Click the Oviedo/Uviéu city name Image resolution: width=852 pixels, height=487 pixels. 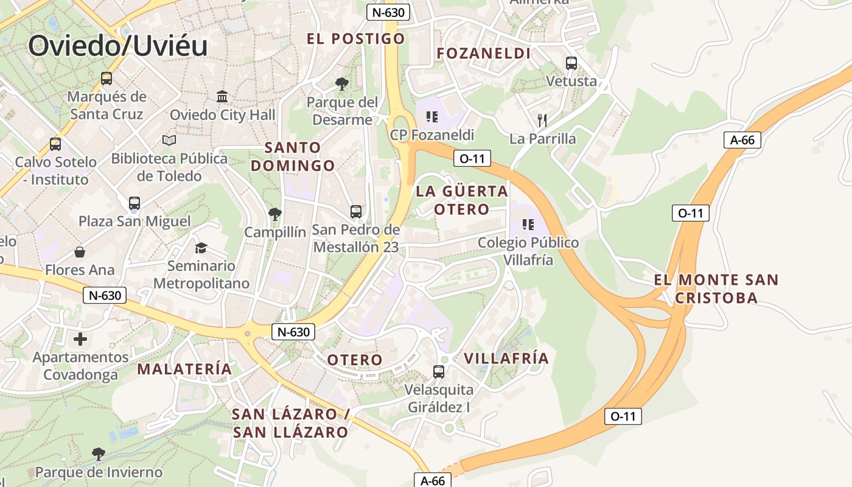click(x=118, y=46)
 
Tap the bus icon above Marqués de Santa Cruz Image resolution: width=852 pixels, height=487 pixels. click(x=106, y=78)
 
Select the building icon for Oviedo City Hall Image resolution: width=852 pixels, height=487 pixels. click(x=222, y=97)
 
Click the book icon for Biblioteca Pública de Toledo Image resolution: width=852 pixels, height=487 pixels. click(x=169, y=141)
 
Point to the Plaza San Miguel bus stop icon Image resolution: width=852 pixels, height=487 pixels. click(x=134, y=203)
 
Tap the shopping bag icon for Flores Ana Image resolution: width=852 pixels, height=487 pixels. click(x=80, y=252)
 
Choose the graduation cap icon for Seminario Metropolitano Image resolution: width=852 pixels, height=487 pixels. click(x=201, y=248)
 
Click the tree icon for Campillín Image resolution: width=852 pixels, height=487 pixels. click(x=275, y=214)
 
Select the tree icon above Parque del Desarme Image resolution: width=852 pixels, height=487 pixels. click(x=342, y=83)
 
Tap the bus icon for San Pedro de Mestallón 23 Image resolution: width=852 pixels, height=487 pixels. click(x=356, y=212)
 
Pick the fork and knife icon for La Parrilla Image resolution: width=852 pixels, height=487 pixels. click(x=542, y=120)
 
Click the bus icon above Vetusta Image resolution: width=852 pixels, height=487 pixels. click(x=571, y=63)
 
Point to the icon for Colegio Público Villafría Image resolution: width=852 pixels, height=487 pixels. click(x=528, y=225)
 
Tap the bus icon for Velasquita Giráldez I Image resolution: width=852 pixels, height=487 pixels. click(x=439, y=371)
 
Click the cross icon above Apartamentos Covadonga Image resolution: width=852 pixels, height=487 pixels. click(x=80, y=339)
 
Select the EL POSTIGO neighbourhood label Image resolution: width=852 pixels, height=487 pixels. click(x=355, y=39)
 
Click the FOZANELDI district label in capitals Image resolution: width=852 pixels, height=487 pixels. click(x=484, y=54)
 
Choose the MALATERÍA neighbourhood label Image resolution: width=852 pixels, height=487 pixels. click(x=184, y=369)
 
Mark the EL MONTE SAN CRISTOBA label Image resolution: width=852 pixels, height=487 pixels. click(x=716, y=289)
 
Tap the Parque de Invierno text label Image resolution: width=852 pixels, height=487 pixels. click(x=99, y=472)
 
